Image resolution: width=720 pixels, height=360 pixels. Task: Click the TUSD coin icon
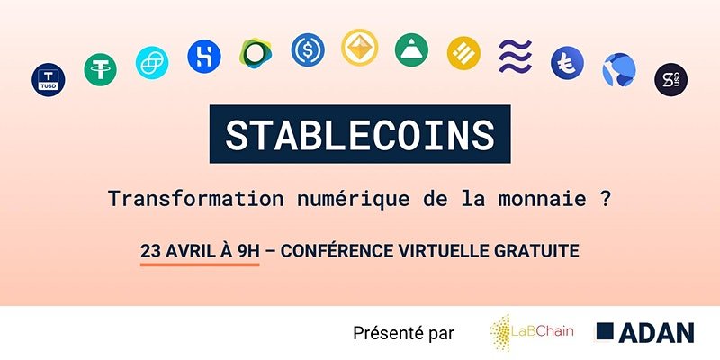coord(49,80)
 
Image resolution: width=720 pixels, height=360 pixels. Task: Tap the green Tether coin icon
coord(100,70)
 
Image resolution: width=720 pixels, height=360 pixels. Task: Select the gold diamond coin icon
coord(359,48)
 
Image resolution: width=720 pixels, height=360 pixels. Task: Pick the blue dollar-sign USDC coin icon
coord(308,50)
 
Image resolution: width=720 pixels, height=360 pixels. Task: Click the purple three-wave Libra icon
coord(515,57)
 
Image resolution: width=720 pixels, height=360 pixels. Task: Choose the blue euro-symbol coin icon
coord(568,63)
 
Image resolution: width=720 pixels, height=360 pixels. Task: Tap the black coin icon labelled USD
coord(670,79)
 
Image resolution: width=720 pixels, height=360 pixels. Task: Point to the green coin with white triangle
coord(411,50)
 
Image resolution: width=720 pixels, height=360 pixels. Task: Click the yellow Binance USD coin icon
coord(463,53)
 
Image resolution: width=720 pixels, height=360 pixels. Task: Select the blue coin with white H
coord(204,57)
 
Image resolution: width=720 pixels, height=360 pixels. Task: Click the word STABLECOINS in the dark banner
coord(360,134)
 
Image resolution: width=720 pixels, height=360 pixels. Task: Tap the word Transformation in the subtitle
coord(195,199)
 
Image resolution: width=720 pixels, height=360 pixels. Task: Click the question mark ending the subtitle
coord(606,199)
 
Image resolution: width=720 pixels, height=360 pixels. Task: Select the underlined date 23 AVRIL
coord(176,252)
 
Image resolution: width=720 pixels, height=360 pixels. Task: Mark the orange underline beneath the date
coord(200,265)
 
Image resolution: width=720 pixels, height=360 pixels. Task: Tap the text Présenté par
coord(403,333)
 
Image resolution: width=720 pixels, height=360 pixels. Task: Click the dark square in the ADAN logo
coord(605,331)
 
